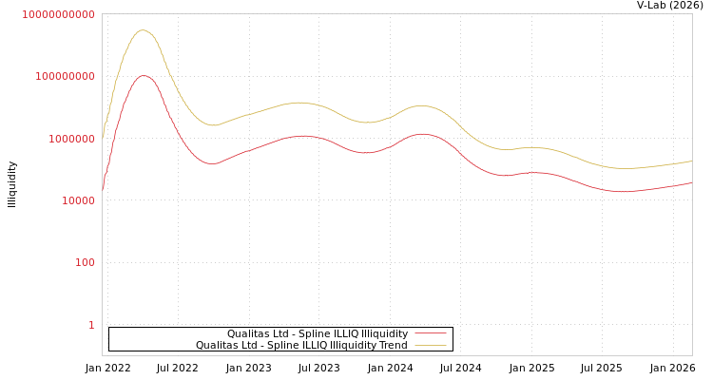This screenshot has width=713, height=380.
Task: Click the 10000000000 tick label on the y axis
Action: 59,15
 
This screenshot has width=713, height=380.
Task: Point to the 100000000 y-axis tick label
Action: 64,76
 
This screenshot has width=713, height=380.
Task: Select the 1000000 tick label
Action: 69,139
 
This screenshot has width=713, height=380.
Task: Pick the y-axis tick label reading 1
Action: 91,325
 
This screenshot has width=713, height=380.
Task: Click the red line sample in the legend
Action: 431,334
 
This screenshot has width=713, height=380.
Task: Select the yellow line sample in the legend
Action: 431,346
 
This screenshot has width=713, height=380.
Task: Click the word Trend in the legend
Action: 393,346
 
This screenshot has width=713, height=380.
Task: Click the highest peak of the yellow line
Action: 144,30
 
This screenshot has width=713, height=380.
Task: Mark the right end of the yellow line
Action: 691,161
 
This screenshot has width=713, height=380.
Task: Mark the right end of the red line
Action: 691,182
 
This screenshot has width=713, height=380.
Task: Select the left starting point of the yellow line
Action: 103,134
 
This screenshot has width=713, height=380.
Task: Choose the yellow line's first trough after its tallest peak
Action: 213,125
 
